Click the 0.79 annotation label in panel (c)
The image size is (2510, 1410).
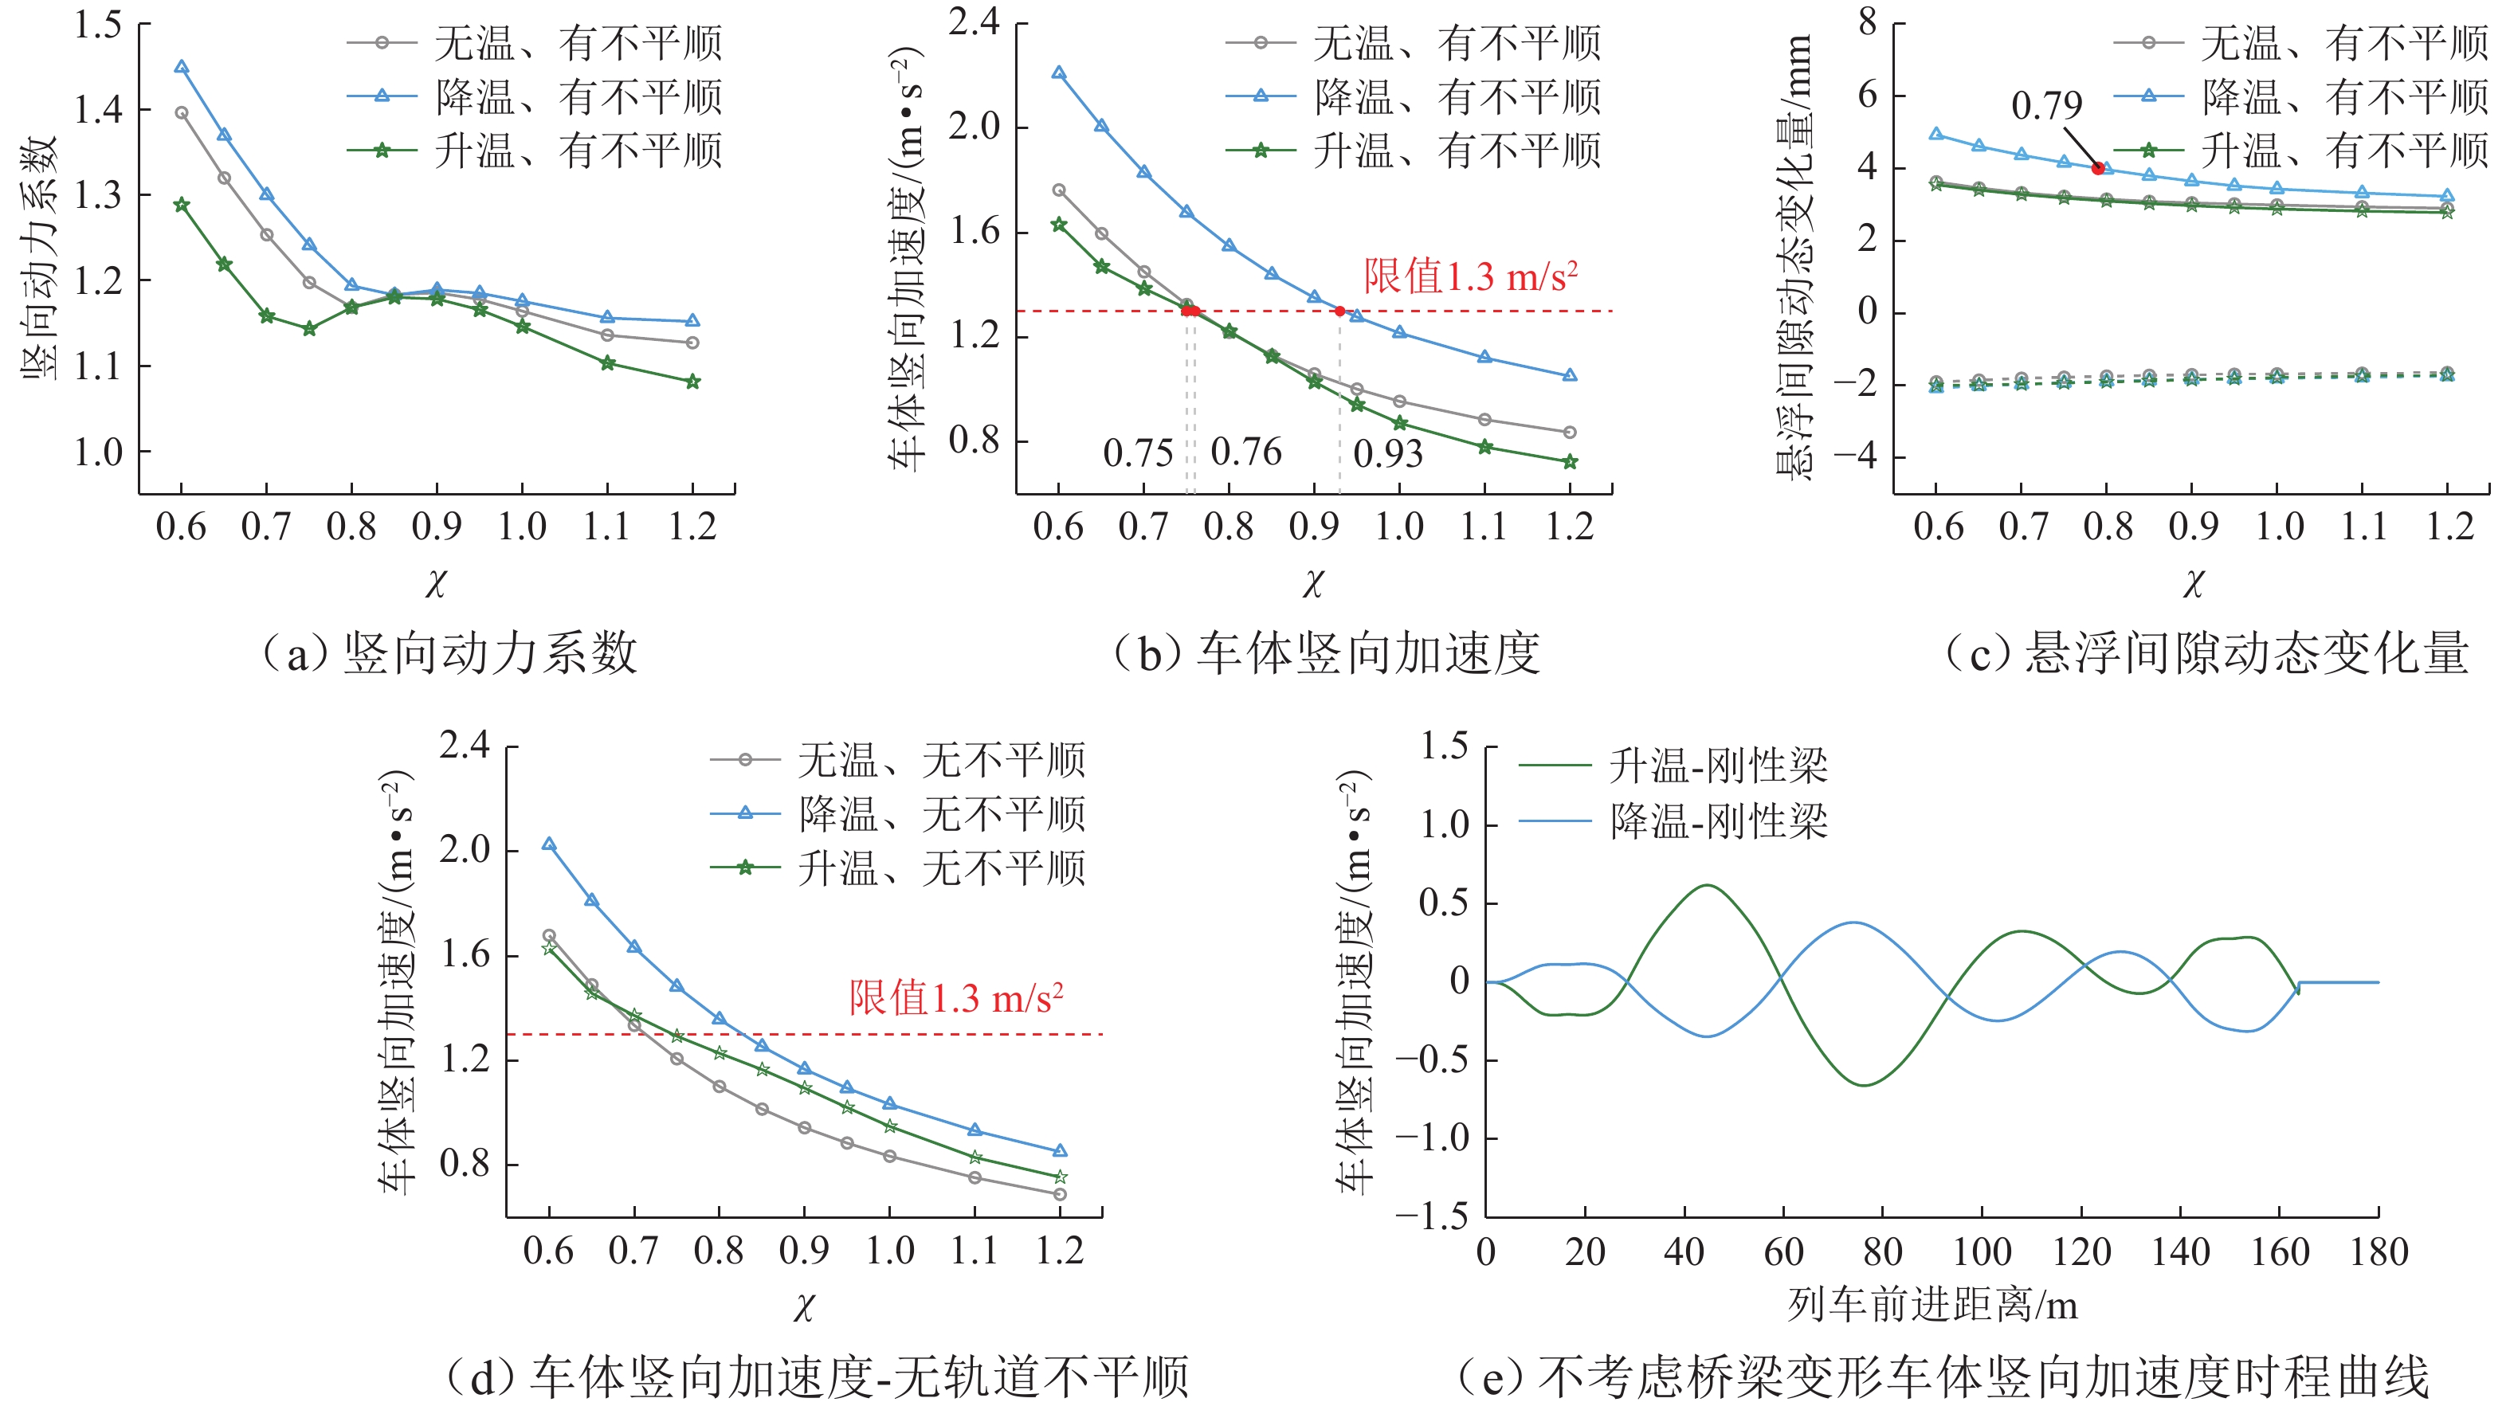(2046, 105)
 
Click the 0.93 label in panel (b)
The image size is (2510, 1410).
(1387, 454)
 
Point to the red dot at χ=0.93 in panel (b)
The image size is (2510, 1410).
(1339, 311)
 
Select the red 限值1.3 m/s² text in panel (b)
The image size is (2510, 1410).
(1470, 276)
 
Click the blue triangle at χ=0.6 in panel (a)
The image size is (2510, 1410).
(181, 67)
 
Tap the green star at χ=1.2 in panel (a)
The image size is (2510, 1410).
(692, 382)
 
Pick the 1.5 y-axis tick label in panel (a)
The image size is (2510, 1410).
(99, 25)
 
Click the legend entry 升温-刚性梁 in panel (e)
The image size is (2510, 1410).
(1718, 766)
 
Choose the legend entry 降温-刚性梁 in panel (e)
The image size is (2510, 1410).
(1718, 821)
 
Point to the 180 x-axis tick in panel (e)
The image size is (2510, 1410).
(2379, 1252)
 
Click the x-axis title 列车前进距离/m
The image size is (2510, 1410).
(1932, 1305)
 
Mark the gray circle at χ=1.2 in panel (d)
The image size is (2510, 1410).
(1060, 1193)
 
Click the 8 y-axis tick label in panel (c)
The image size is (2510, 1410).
(1867, 22)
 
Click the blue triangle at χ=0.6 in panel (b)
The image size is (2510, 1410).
(1059, 73)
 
